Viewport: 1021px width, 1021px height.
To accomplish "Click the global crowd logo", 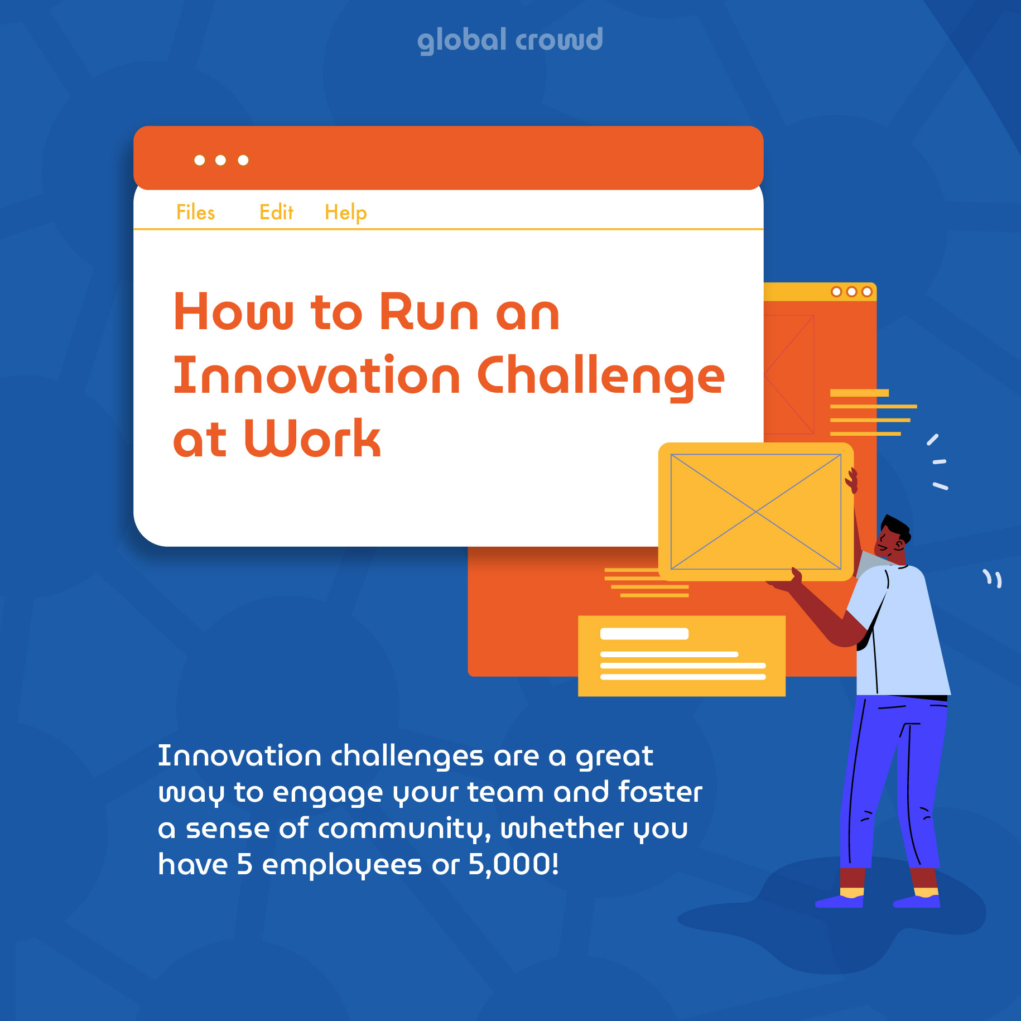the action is click(x=510, y=40).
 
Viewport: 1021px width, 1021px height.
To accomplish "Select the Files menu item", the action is click(x=196, y=213).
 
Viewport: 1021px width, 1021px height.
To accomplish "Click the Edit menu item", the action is click(x=277, y=213).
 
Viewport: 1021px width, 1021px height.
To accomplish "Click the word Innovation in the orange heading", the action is click(x=317, y=375).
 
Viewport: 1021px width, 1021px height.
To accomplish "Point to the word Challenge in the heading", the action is click(x=601, y=377).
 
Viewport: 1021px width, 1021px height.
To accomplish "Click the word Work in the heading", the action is click(x=312, y=439).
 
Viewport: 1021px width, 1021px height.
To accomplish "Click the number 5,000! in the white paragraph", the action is click(x=513, y=864).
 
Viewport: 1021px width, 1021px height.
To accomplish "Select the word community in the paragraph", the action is click(x=404, y=830).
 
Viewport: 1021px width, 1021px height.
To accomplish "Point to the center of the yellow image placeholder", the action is click(x=755, y=512).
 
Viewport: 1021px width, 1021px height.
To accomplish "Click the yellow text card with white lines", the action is click(x=682, y=656).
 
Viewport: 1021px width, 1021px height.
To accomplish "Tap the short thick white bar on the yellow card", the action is click(x=644, y=634).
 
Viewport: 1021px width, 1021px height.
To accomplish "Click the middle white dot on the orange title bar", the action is click(x=220, y=160).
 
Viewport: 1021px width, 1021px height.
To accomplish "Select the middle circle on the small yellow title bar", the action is click(x=851, y=292).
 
